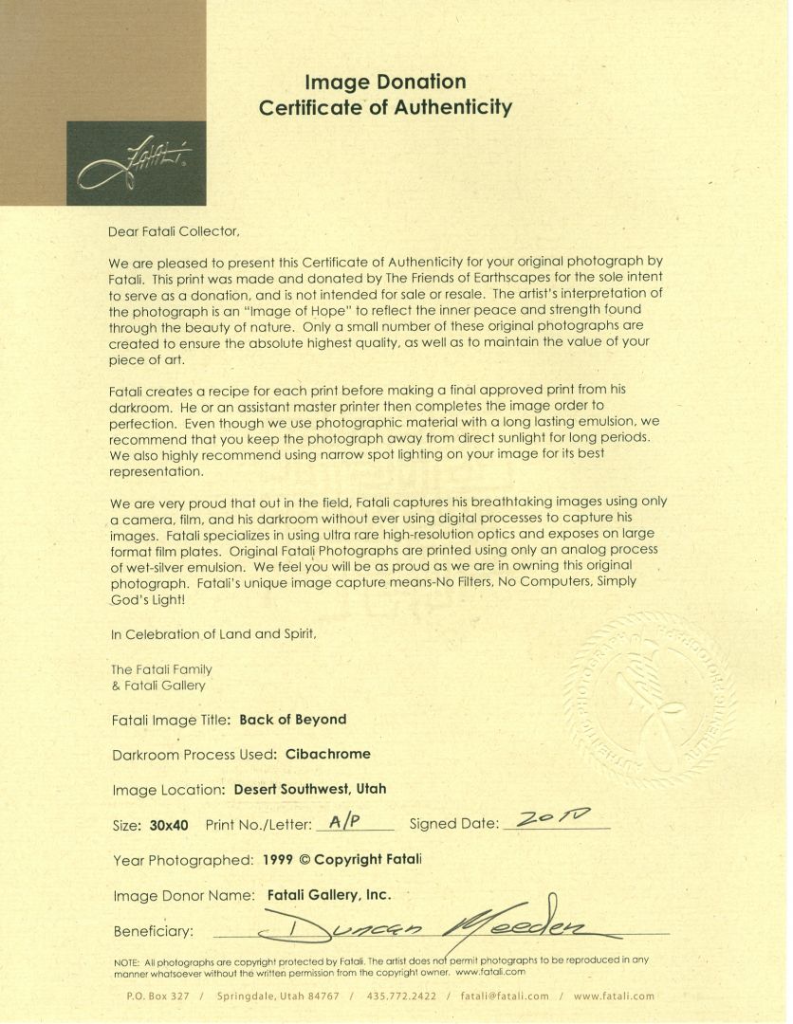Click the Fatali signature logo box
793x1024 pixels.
136,163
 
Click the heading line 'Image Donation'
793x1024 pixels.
385,82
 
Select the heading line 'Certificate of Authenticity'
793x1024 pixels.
385,107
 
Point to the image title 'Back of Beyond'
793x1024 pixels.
293,720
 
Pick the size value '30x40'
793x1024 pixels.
169,825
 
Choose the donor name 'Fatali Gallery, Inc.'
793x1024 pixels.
329,894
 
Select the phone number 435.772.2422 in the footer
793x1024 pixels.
403,997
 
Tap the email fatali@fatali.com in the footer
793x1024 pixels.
505,997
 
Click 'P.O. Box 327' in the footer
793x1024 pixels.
158,997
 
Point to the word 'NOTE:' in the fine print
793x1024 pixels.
127,960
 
